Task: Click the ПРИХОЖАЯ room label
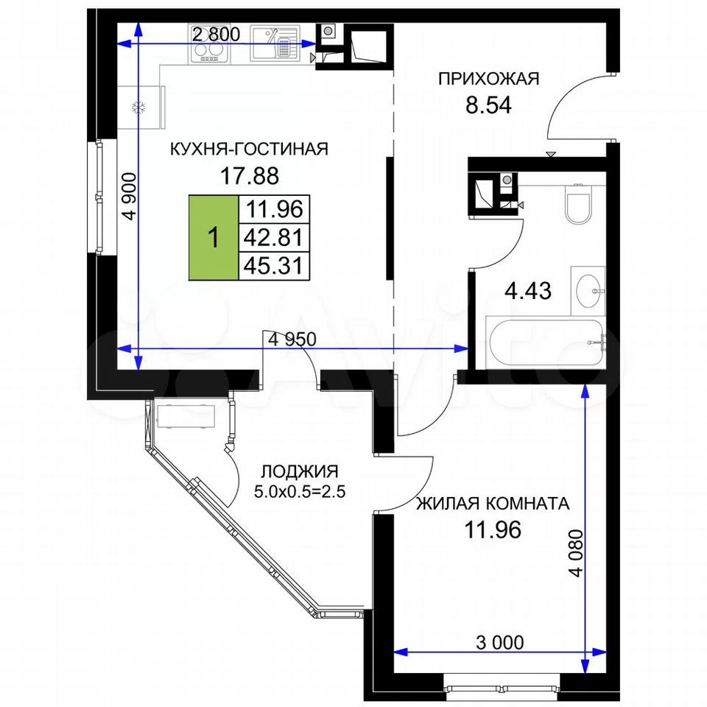coord(489,79)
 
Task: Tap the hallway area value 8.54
coord(489,105)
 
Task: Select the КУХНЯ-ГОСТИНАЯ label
coord(250,149)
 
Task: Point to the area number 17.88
coord(250,175)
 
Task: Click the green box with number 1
coord(214,238)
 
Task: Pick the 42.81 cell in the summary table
coord(274,237)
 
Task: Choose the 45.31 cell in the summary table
coord(274,266)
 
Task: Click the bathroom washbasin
coord(588,291)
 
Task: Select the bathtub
coord(546,342)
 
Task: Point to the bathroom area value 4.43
coord(528,291)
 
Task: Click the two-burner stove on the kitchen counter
coord(208,44)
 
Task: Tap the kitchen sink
coord(275,43)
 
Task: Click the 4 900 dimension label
coord(130,196)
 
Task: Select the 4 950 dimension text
coord(292,339)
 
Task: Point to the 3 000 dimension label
coord(500,642)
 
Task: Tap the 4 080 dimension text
coord(576,553)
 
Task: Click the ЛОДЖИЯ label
coord(300,471)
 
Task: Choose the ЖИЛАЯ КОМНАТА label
coord(493,503)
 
